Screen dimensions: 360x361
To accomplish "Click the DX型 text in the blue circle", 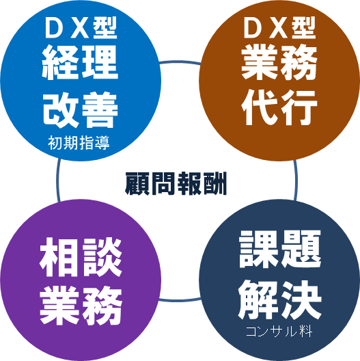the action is pos(81,28).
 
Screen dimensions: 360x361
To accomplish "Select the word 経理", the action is pos(80,62).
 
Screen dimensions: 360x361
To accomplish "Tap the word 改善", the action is pos(81,110).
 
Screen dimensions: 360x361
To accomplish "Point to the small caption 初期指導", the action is pos(79,143).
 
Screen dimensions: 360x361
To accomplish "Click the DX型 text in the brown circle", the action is pos(279,28).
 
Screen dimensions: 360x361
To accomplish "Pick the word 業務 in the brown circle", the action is pos(279,62).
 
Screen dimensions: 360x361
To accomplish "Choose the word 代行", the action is pos(279,107).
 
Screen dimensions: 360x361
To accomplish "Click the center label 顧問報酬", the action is pos(176,183).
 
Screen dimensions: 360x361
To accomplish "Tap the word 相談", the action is pos(81,257).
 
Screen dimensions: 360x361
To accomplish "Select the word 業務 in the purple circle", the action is pos(81,306).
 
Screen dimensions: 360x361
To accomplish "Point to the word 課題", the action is pos(279,249).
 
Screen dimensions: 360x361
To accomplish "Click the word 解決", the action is pos(279,299).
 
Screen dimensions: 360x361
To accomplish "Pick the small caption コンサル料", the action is pos(279,332).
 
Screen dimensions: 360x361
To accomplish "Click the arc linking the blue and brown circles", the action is pos(180,62).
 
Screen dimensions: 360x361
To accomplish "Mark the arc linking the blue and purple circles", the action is pos(57,180).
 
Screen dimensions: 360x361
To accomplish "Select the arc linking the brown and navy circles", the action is pos(296,180).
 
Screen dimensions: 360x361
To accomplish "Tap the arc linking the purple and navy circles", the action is pos(180,300).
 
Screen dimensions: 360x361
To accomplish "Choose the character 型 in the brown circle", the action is pos(304,28).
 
